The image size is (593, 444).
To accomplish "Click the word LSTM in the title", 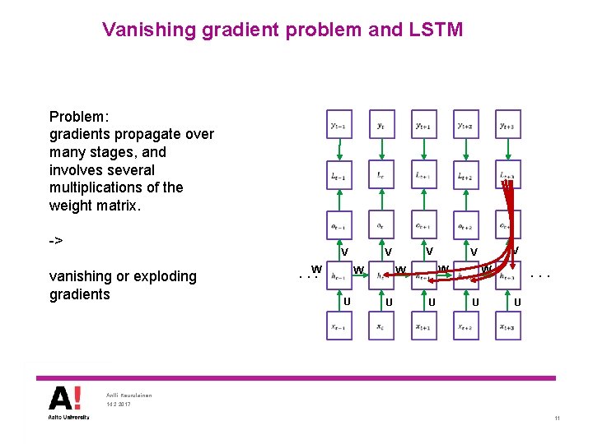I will pos(435,30).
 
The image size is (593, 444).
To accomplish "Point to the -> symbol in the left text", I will pos(56,241).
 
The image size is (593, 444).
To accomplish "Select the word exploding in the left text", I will pos(157,276).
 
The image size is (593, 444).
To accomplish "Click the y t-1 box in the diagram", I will pos(339,126).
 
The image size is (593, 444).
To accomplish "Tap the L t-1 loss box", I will pos(339,177).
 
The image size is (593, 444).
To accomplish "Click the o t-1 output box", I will pos(339,227).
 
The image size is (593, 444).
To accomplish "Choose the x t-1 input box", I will pos(339,327).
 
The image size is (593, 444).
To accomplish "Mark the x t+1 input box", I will pos(423,327).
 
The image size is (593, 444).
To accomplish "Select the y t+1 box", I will pos(423,126).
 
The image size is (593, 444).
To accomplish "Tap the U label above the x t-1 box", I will pos(347,302).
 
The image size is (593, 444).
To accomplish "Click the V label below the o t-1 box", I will pos(345,252).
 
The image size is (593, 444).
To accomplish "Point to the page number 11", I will pos(558,419).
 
